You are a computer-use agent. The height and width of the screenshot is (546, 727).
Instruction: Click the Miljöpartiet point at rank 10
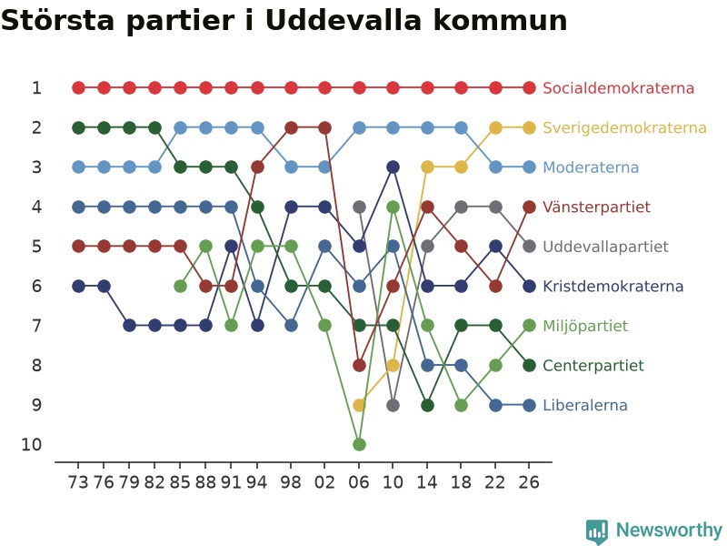[x=359, y=444]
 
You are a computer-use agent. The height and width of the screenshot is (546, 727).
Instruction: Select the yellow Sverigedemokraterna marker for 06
[x=359, y=405]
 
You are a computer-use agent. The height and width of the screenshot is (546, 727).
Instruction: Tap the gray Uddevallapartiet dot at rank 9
[x=393, y=405]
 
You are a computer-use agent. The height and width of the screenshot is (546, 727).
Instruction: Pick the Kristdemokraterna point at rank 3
[x=393, y=167]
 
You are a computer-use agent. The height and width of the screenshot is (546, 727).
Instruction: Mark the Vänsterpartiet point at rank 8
[x=359, y=366]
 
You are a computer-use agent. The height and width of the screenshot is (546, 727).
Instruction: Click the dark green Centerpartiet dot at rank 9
[x=427, y=405]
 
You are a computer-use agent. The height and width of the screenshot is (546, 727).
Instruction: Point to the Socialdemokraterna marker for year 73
[x=79, y=87]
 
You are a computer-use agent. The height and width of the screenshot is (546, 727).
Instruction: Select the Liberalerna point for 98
[x=291, y=326]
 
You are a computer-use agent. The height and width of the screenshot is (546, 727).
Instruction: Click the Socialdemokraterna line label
[x=618, y=87]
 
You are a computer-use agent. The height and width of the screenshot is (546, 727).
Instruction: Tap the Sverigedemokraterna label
[x=624, y=127]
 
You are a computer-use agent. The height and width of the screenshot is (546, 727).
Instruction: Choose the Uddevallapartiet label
[x=605, y=247]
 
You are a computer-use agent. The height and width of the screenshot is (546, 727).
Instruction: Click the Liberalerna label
[x=585, y=405]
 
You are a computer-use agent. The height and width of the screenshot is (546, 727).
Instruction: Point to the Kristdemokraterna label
[x=612, y=286]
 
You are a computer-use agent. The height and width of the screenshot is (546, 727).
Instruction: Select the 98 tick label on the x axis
[x=291, y=482]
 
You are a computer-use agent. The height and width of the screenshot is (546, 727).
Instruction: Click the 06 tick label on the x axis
[x=359, y=482]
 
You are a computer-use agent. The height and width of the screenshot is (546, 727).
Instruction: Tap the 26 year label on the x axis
[x=529, y=482]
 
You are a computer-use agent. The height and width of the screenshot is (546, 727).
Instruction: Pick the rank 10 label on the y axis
[x=32, y=445]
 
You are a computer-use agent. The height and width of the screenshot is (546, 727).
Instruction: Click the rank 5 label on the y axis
[x=36, y=247]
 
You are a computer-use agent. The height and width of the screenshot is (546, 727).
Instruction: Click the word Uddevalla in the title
[x=344, y=20]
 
